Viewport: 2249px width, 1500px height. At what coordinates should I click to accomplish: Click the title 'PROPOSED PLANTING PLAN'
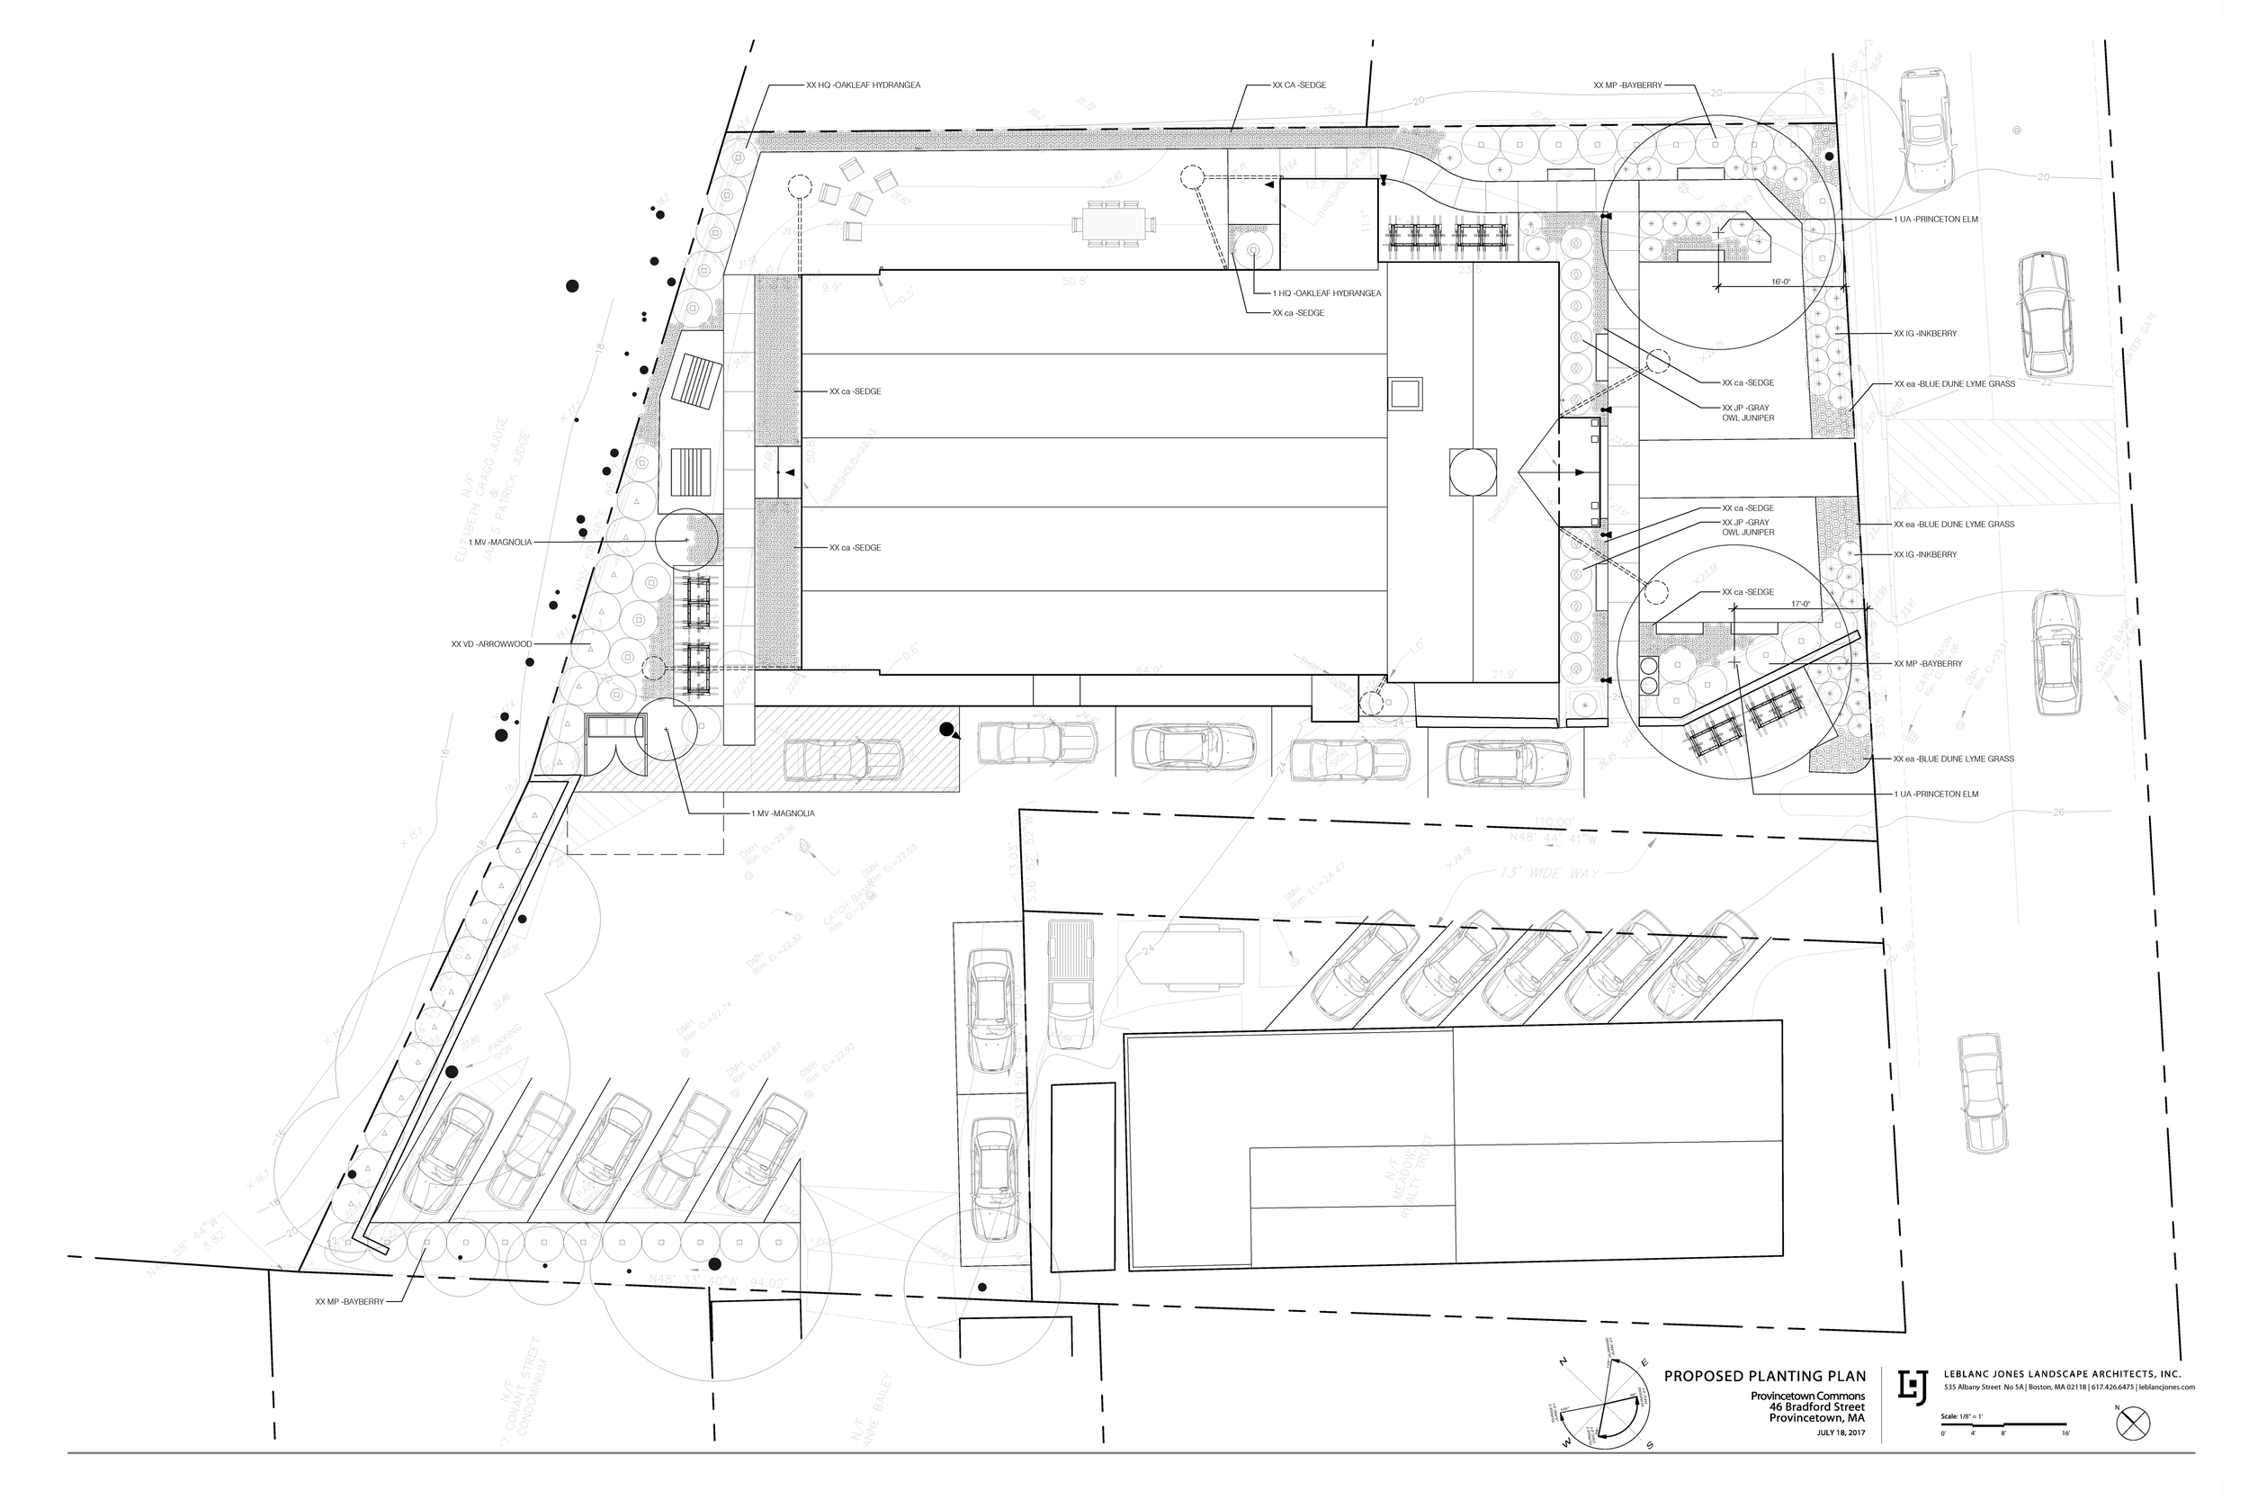1765,1377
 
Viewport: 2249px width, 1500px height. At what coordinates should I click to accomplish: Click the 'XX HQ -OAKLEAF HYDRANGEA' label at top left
864,85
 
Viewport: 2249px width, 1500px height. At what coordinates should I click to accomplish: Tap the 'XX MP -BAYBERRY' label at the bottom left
349,1302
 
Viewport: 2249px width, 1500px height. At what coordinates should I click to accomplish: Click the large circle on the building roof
1472,472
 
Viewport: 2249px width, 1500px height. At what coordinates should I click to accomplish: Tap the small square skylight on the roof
1405,394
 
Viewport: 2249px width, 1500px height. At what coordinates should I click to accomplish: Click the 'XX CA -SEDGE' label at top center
1298,85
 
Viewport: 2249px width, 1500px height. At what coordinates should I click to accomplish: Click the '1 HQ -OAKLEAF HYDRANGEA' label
1326,292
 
